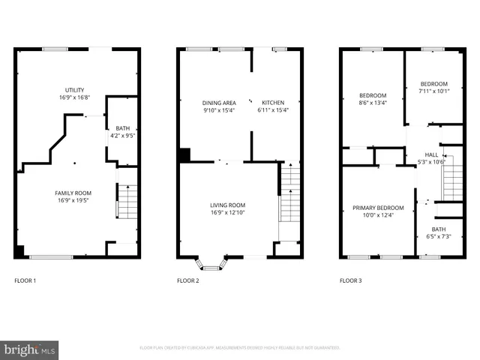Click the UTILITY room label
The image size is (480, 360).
pyautogui.click(x=75, y=90)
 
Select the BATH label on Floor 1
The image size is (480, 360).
pyautogui.click(x=121, y=128)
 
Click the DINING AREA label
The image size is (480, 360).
pyautogui.click(x=219, y=103)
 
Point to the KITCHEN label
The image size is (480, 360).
pyautogui.click(x=273, y=103)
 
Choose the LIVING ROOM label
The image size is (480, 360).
pyautogui.click(x=227, y=205)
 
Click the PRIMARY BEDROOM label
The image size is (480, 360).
pyautogui.click(x=378, y=208)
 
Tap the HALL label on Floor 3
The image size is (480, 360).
pyautogui.click(x=431, y=154)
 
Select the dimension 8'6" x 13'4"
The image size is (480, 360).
pyautogui.click(x=373, y=103)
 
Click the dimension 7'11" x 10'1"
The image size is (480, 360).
pyautogui.click(x=433, y=91)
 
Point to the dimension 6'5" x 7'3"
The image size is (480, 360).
pyautogui.click(x=438, y=236)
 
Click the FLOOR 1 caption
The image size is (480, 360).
pyautogui.click(x=25, y=280)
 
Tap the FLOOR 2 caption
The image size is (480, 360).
pyautogui.click(x=187, y=280)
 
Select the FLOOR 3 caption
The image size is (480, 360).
pyautogui.click(x=350, y=280)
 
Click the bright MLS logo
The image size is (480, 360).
pyautogui.click(x=30, y=349)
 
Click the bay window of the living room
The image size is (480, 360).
pyautogui.click(x=211, y=263)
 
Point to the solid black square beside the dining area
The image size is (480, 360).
pyautogui.click(x=184, y=155)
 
